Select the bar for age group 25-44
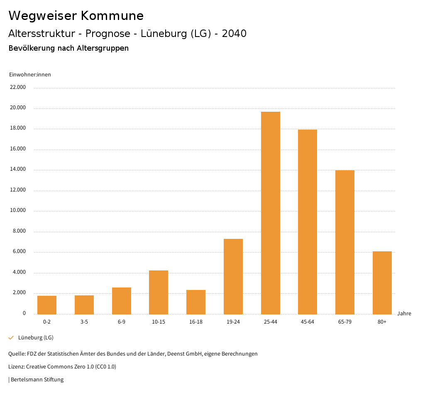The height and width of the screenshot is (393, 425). (271, 213)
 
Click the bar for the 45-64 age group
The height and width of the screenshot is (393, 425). (308, 222)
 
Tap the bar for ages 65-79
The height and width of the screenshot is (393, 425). (345, 242)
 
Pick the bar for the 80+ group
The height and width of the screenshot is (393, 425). (382, 282)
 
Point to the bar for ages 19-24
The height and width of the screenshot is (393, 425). (233, 276)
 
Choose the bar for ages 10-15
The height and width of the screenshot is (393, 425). (159, 292)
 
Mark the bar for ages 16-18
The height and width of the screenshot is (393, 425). (196, 302)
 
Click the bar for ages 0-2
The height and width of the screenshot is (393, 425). (47, 305)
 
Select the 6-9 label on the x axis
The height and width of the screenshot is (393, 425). (122, 322)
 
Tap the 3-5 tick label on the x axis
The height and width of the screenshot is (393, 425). (84, 322)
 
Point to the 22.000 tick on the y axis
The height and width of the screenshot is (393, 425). (18, 87)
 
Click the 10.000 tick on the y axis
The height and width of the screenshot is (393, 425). (18, 210)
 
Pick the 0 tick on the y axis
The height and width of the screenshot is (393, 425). (24, 313)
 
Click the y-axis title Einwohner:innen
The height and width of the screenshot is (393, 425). (30, 75)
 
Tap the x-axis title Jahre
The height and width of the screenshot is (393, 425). (404, 314)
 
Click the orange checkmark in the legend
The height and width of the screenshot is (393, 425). (11, 338)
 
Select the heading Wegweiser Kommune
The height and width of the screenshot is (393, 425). (76, 16)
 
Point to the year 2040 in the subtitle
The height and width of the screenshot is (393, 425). (234, 34)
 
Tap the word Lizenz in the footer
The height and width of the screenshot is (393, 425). (16, 367)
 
